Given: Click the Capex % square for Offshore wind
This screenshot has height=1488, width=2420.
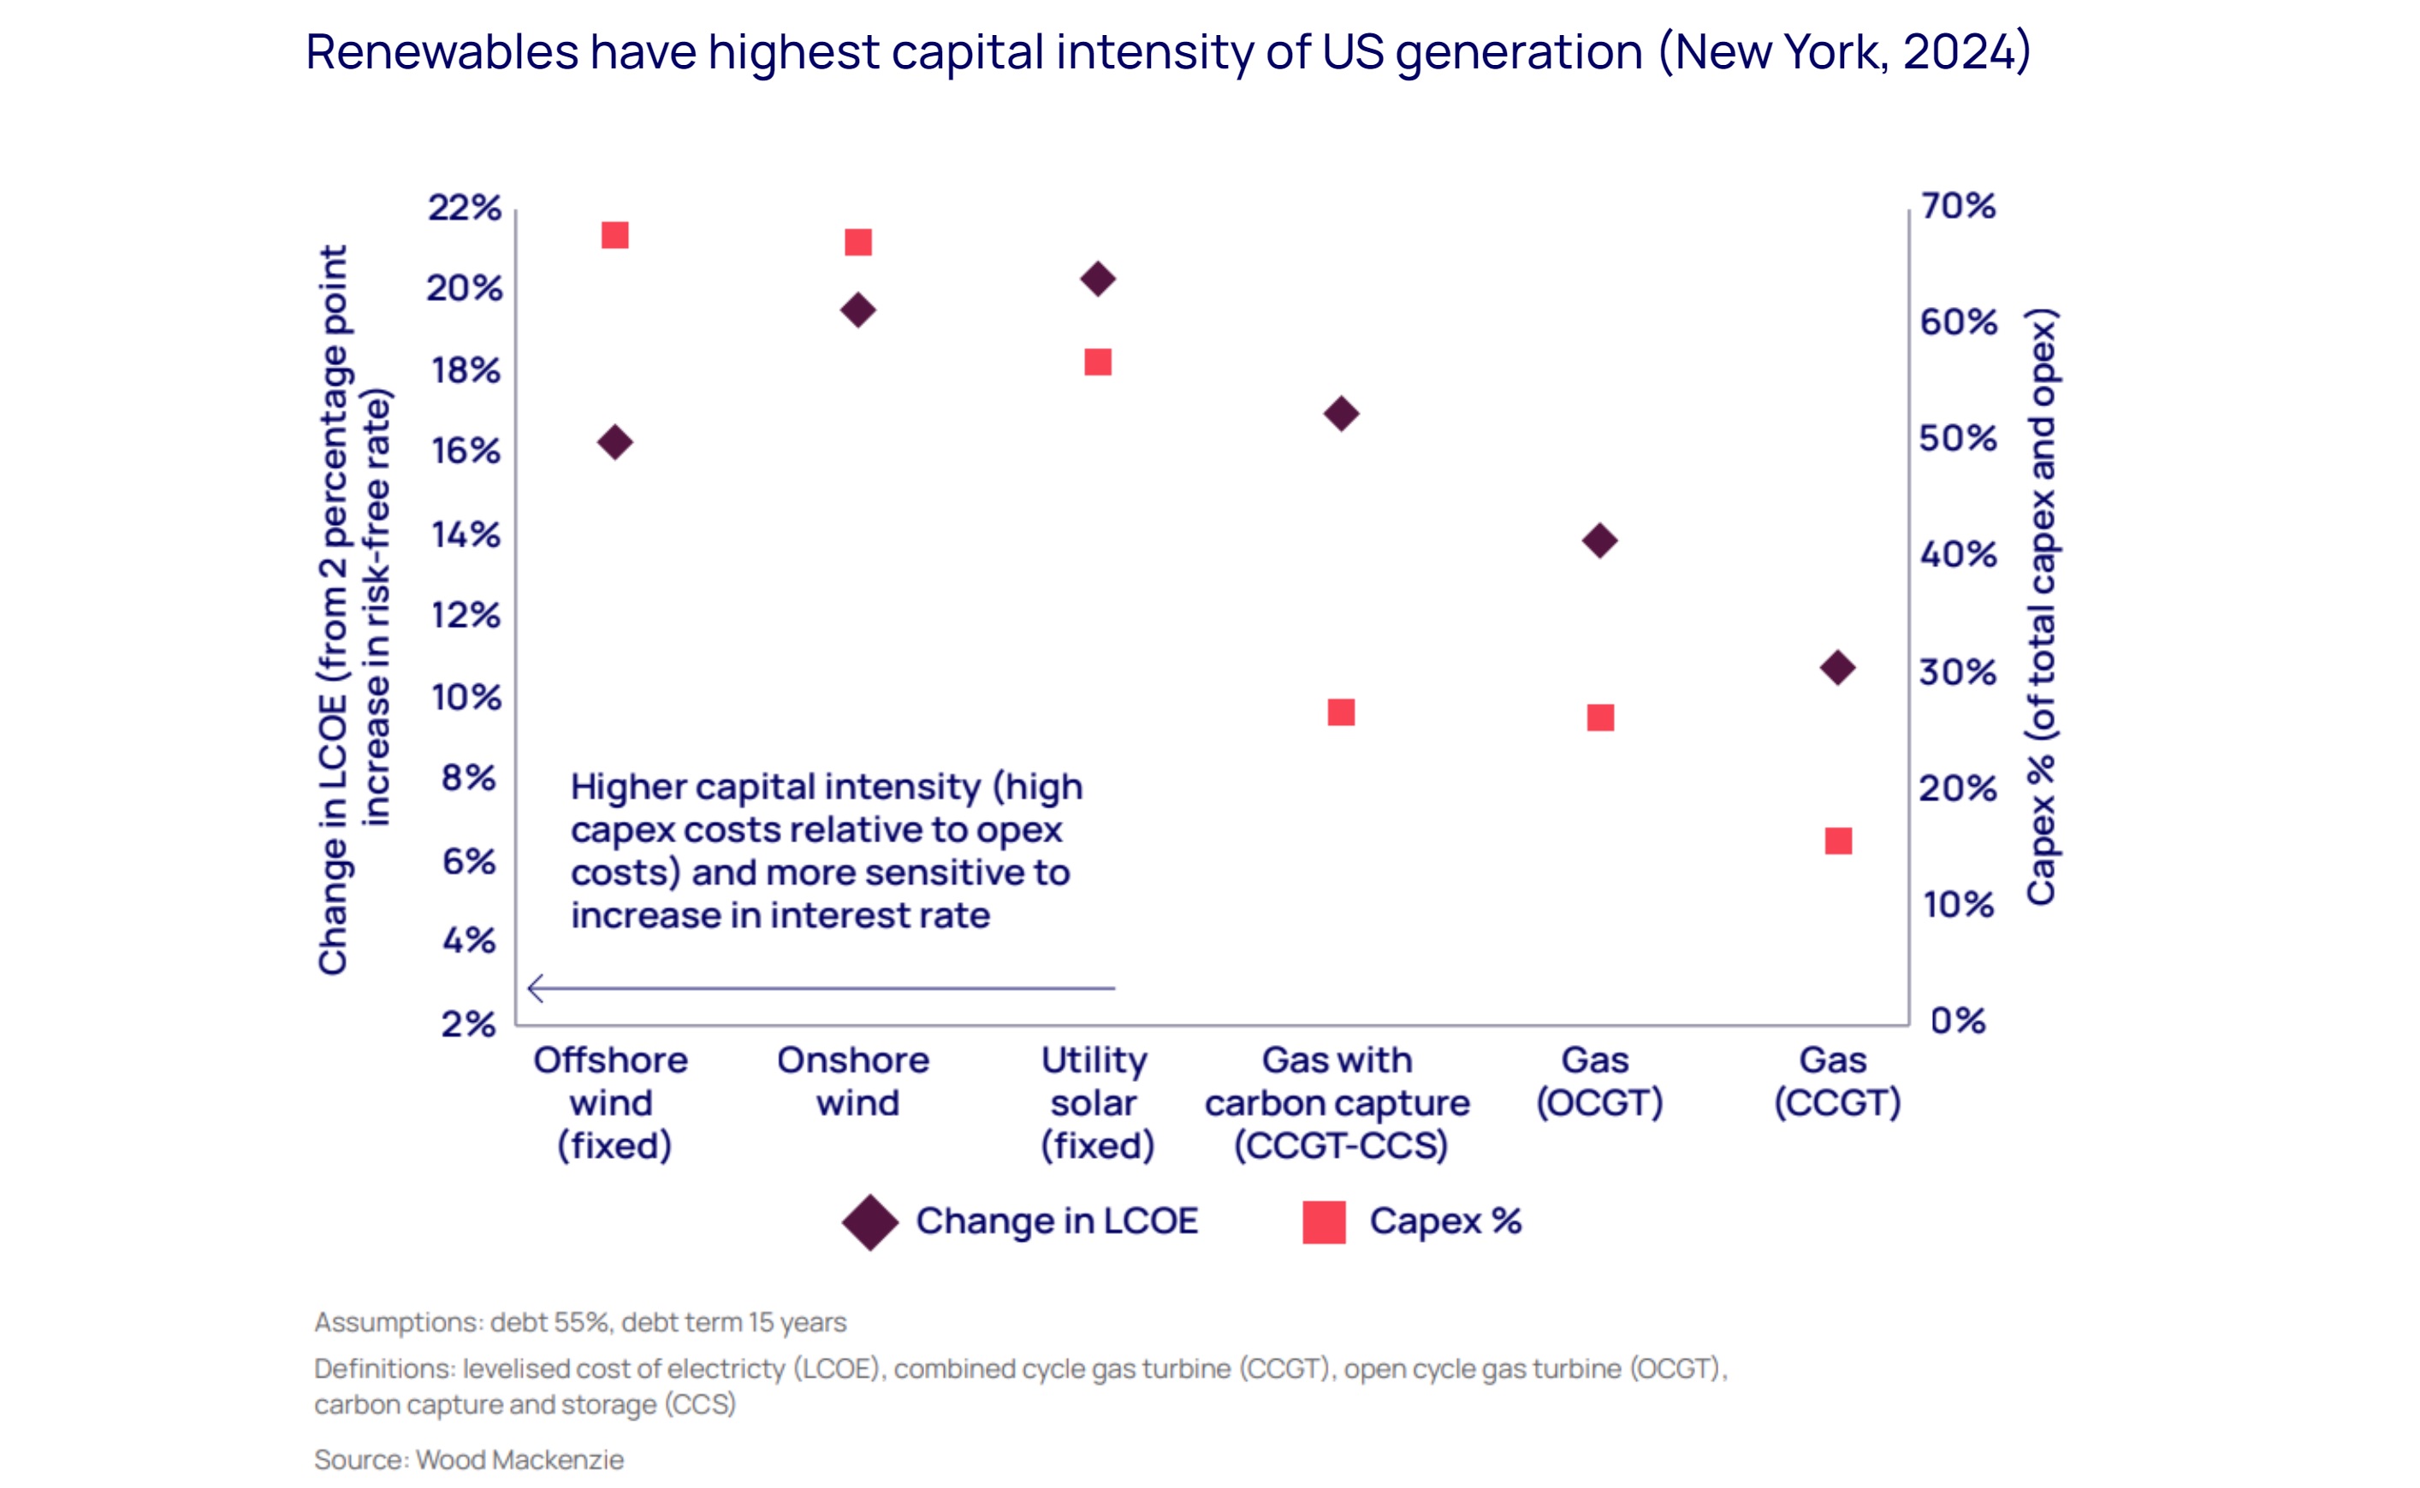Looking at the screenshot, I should coord(614,235).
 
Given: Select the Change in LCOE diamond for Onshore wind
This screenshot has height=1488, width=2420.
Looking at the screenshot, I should coord(857,310).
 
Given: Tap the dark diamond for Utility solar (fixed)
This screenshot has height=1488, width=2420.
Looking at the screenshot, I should coord(1098,279).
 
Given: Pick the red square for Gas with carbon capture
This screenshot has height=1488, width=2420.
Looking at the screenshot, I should coord(1341,712).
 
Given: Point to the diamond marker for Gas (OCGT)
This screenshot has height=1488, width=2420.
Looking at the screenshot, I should coord(1600,540).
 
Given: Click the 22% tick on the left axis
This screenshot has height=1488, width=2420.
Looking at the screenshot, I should coord(464,208).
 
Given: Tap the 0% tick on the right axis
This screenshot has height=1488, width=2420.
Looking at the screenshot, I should coord(1957,1020).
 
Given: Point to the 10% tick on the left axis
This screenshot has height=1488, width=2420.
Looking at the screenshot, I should coord(466,698).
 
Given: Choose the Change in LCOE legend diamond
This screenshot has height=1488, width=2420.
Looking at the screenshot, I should coord(870,1222).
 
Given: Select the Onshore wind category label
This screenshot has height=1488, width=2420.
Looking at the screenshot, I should coord(854,1081).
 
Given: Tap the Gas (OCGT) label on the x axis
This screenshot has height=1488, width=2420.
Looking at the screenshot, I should coord(1599,1081).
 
